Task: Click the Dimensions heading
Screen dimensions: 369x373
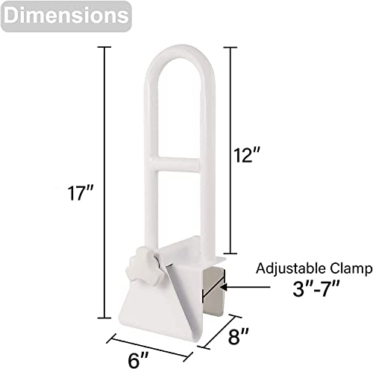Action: tap(63, 15)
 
